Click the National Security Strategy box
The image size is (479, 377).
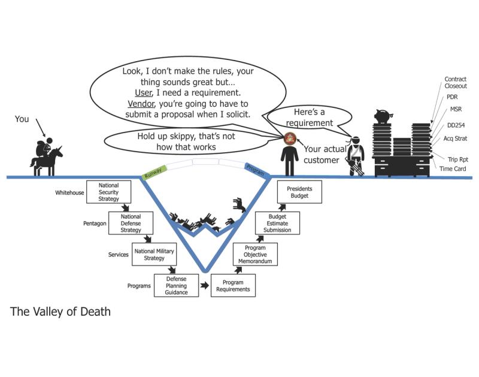coord(108,192)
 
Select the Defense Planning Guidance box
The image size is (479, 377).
coord(176,285)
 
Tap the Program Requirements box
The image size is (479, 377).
coord(233,285)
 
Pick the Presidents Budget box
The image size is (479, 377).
coord(299,192)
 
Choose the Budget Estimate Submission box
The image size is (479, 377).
coord(277,223)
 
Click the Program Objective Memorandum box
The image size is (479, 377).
coord(255,254)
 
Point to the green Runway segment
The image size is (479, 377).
coord(154,172)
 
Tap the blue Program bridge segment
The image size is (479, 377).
coord(257,170)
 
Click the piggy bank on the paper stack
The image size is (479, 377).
coord(383,116)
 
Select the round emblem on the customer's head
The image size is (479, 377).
coord(290,138)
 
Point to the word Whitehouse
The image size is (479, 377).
coord(69,192)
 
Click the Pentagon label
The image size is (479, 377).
coord(95,224)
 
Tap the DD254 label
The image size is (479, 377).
coord(456,125)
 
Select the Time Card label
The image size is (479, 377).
coord(453,168)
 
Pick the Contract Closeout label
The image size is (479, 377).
coord(456,82)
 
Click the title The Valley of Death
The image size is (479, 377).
coord(60,311)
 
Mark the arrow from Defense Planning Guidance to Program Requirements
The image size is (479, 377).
coord(205,285)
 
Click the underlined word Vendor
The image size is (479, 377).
coord(141,104)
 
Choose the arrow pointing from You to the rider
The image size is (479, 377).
coord(41,128)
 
